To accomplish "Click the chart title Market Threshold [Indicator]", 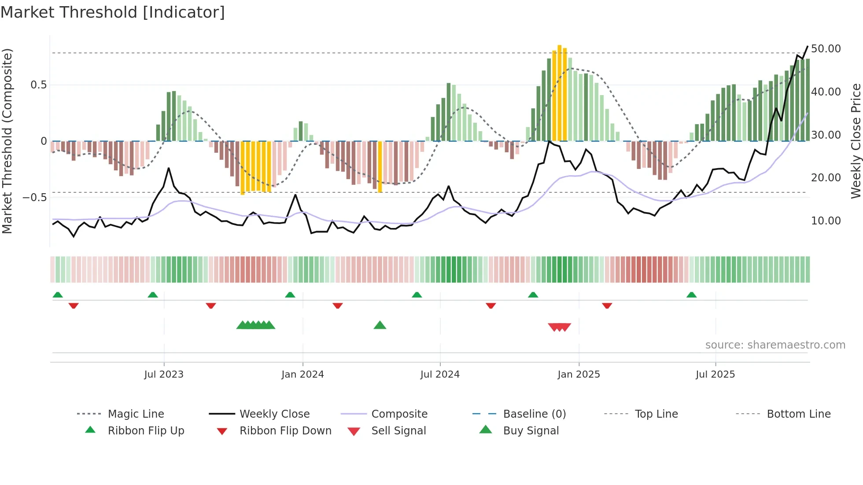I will [x=113, y=12].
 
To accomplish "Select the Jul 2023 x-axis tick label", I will [x=164, y=375].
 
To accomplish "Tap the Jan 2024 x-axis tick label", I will [x=302, y=375].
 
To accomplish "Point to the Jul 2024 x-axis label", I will [x=440, y=375].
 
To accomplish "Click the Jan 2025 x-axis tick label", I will [x=579, y=375].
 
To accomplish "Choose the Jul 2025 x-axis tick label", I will [x=715, y=375].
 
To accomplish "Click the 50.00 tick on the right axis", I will [x=826, y=49].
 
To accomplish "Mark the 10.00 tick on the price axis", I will [x=826, y=221].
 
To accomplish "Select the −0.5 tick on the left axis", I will [x=35, y=198].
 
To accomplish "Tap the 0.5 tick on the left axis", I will [x=39, y=85].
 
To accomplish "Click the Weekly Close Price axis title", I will [x=856, y=141].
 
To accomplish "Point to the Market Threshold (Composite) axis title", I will [x=7, y=141].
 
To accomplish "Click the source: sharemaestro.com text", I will [x=775, y=345].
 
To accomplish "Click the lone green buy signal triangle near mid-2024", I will [x=380, y=326].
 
